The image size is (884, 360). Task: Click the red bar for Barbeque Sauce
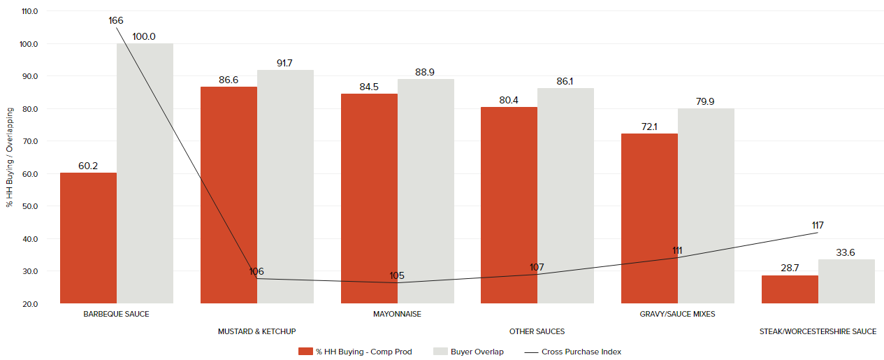(88, 238)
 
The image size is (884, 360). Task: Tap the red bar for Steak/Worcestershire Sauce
(790, 289)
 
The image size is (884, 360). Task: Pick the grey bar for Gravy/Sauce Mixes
(706, 206)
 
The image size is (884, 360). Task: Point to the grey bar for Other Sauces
(565, 196)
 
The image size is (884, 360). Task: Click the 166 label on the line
(116, 20)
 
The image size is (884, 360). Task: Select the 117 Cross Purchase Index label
(818, 225)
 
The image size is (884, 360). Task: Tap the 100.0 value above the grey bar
(144, 36)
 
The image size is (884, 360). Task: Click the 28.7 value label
(790, 268)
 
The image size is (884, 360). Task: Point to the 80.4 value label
(509, 100)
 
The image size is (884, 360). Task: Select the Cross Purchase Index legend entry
(572, 352)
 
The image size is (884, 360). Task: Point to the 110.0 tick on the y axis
(30, 12)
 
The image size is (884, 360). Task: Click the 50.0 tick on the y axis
(30, 206)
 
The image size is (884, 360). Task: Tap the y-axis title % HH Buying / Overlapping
(10, 157)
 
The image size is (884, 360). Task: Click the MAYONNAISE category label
(397, 314)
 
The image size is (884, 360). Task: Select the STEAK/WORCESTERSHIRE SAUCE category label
(818, 331)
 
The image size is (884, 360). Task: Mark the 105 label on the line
(397, 275)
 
